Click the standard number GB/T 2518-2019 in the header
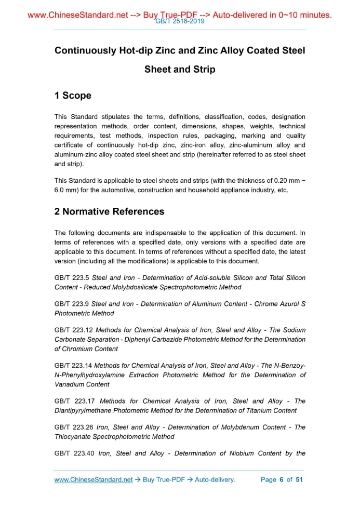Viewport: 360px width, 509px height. (x=180, y=21)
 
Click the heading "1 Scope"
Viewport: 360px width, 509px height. (x=73, y=96)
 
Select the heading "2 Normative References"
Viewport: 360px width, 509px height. (x=109, y=211)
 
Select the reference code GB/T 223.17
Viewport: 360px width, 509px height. (x=75, y=401)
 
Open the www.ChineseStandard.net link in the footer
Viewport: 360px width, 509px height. (x=94, y=479)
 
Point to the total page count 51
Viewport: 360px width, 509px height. (x=299, y=479)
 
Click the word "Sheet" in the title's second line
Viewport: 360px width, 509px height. (x=157, y=69)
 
